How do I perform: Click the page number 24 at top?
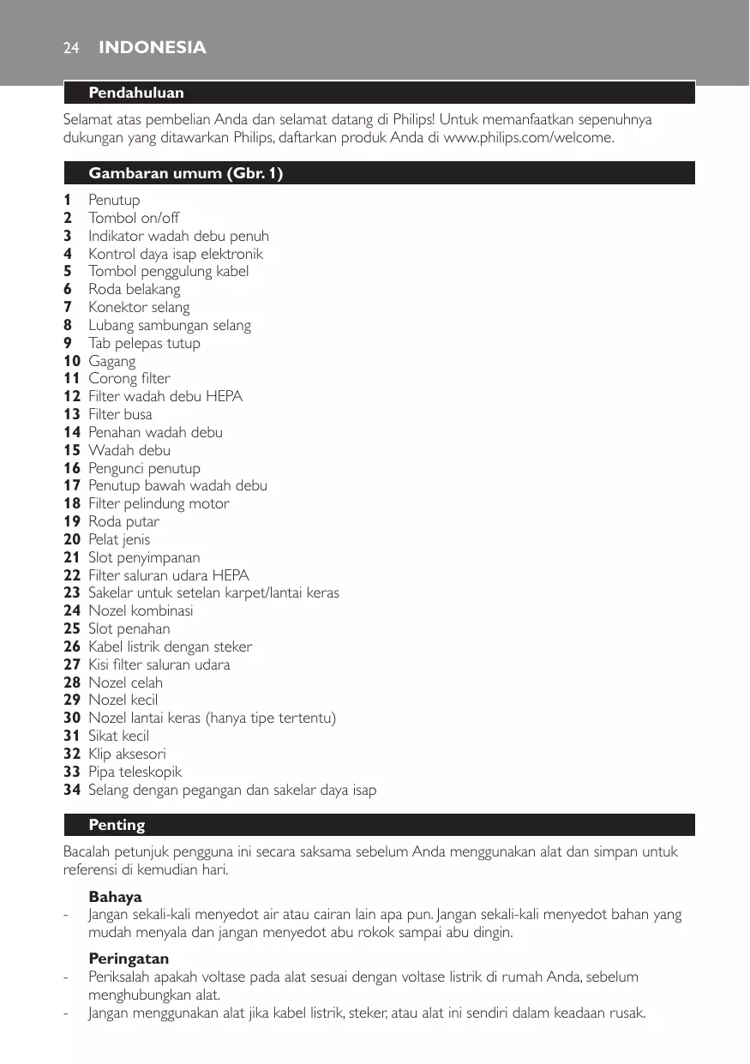(x=71, y=48)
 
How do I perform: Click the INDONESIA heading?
(x=153, y=48)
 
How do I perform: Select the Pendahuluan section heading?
(x=136, y=93)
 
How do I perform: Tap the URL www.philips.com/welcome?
(x=527, y=138)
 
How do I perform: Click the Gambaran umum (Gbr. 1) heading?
(x=186, y=173)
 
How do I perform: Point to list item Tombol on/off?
(x=134, y=218)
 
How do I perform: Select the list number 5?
(x=67, y=272)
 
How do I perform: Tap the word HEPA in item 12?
(x=224, y=396)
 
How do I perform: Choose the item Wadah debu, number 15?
(x=129, y=450)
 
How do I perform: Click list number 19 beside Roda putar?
(x=72, y=521)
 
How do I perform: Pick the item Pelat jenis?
(x=119, y=539)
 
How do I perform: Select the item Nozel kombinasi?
(x=141, y=610)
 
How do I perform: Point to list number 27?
(x=72, y=664)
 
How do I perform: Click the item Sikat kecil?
(x=119, y=736)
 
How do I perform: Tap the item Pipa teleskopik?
(x=135, y=772)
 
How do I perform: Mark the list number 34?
(x=72, y=790)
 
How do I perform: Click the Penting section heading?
(x=117, y=825)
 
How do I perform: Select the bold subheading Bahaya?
(x=115, y=897)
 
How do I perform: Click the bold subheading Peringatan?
(x=129, y=959)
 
